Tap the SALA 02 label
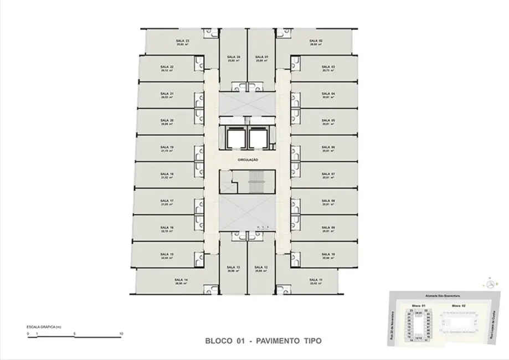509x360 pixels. tap(315, 41)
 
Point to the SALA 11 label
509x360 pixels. tap(316, 280)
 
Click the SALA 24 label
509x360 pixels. tap(233, 57)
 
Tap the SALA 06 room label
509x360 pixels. tap(329, 147)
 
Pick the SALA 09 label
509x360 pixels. tap(329, 227)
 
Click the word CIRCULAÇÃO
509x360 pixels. tap(248, 160)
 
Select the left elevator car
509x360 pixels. tap(234, 137)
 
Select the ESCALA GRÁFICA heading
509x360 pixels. tap(43, 327)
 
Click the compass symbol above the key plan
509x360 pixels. tap(491, 284)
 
